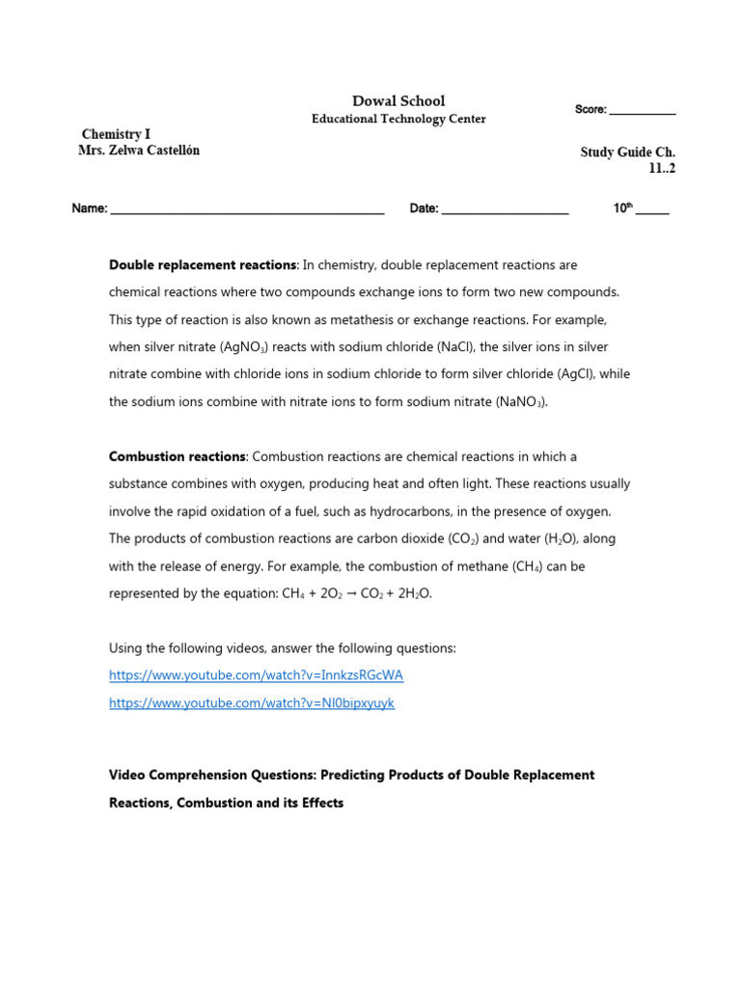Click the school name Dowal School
398,101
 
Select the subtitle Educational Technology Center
398,119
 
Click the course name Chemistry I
116,134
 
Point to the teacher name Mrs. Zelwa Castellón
139,151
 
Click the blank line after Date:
505,210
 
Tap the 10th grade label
622,207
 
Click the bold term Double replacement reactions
203,264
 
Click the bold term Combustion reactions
178,456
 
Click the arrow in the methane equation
354,594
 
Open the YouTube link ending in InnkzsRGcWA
256,675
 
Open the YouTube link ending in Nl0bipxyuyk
252,703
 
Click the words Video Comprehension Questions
211,775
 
